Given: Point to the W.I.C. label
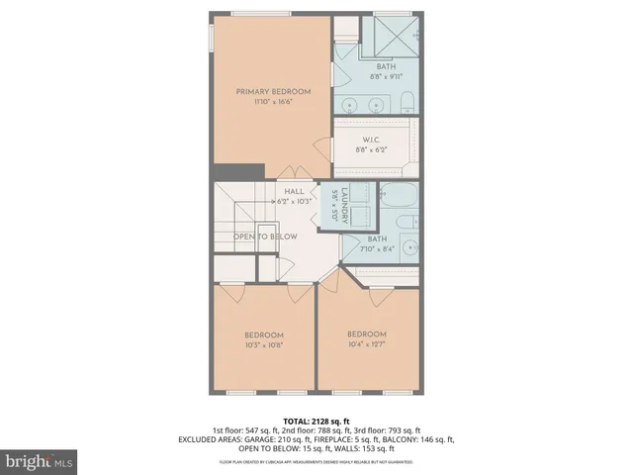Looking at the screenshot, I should (x=374, y=140).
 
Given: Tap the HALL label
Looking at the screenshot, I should (x=294, y=191).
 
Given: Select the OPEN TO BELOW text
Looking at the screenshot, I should (x=265, y=237).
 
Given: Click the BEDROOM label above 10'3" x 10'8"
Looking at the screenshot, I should (x=264, y=334).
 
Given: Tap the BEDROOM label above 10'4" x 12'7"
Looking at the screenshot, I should (x=366, y=333).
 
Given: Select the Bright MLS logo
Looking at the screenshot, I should (x=40, y=461).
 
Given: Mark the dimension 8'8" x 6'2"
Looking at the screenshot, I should (x=373, y=150).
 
